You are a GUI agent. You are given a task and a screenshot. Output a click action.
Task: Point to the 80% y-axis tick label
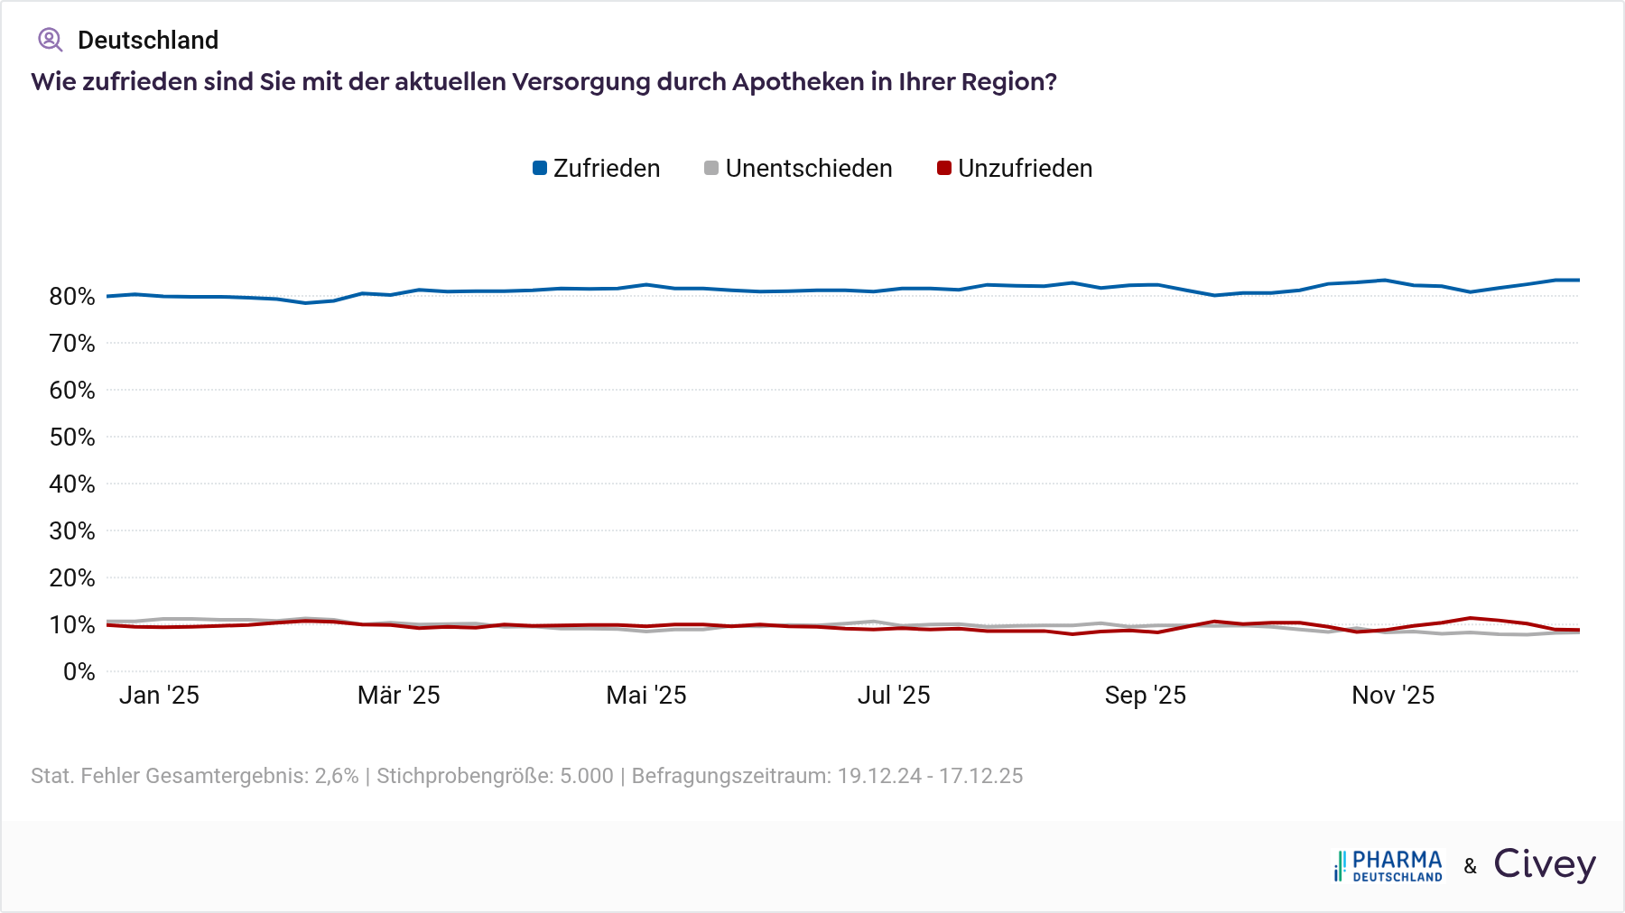(x=72, y=297)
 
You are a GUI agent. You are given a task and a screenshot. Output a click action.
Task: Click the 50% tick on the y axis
(x=72, y=438)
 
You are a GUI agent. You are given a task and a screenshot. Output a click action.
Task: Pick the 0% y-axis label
(x=79, y=672)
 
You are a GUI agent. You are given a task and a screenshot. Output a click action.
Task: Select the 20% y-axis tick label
(x=72, y=578)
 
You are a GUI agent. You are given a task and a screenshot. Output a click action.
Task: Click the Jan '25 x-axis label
(x=159, y=696)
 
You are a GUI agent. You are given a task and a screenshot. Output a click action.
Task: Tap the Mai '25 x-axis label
(x=646, y=696)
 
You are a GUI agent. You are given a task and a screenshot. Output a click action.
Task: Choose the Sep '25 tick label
(x=1145, y=696)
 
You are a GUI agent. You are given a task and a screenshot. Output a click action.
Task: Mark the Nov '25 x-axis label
(x=1393, y=696)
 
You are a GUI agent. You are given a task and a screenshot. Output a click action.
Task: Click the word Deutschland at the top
(x=148, y=41)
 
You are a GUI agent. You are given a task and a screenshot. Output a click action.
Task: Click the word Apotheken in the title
(x=798, y=82)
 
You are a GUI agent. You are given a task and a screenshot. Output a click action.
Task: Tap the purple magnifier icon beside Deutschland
(x=50, y=40)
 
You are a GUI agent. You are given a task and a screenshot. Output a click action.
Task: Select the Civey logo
(x=1545, y=864)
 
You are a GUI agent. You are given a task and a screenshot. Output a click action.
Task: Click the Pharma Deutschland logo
(x=1388, y=865)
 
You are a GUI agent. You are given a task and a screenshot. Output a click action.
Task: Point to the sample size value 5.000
(x=587, y=776)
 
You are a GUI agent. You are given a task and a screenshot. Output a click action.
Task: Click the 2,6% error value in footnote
(x=337, y=776)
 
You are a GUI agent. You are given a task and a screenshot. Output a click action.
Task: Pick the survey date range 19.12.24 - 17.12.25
(x=930, y=776)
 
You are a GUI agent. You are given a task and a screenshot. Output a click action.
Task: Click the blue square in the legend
(x=540, y=169)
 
